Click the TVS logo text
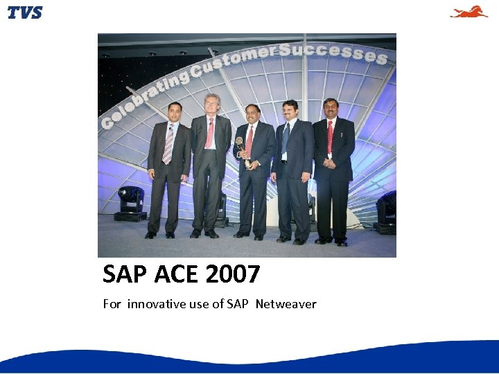point(25,12)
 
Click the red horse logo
point(469,12)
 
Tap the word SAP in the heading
point(125,275)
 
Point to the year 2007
point(233,275)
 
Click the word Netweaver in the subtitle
point(286,304)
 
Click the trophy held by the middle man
point(240,150)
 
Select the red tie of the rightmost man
point(330,136)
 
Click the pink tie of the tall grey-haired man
point(209,133)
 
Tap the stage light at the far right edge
point(387,211)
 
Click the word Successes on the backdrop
point(333,51)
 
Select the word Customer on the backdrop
point(235,60)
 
